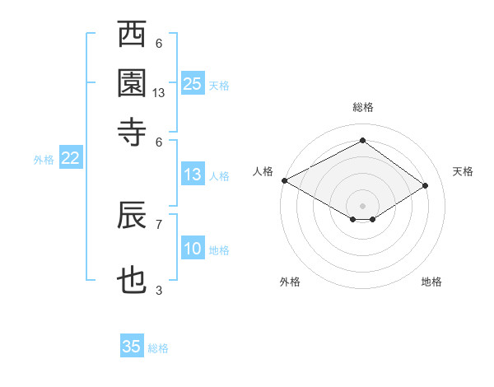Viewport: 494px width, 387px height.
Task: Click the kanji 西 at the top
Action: [132, 37]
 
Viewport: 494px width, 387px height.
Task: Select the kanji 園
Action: [132, 83]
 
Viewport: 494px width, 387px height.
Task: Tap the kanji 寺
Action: [132, 129]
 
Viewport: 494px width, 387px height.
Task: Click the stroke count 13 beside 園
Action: [159, 93]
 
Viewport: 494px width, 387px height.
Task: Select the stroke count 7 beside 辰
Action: [159, 222]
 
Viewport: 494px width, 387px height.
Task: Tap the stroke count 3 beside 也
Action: [159, 290]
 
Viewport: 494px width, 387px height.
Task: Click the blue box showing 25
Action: [193, 84]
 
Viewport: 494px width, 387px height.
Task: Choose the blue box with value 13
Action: [193, 175]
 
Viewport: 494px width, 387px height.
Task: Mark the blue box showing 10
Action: [193, 249]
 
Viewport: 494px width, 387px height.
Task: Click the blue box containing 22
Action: [70, 159]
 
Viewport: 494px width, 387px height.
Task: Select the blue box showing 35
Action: [132, 347]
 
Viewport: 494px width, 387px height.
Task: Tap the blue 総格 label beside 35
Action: [158, 348]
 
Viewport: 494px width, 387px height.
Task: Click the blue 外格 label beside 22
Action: [44, 160]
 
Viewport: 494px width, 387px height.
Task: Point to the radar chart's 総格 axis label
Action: [362, 107]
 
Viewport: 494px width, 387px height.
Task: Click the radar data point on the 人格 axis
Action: [284, 180]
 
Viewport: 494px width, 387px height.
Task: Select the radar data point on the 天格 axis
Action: [426, 186]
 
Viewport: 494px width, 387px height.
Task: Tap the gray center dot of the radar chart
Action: [362, 205]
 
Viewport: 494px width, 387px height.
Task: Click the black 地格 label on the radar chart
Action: [431, 282]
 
